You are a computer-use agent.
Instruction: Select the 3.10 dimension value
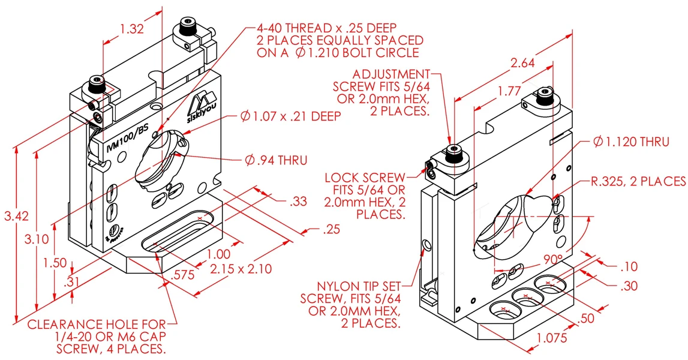pyautogui.click(x=37, y=239)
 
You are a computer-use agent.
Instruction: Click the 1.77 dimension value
pyautogui.click(x=509, y=91)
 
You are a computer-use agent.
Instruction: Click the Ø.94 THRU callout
pyautogui.click(x=277, y=160)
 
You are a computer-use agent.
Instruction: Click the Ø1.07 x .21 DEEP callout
pyautogui.click(x=290, y=116)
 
